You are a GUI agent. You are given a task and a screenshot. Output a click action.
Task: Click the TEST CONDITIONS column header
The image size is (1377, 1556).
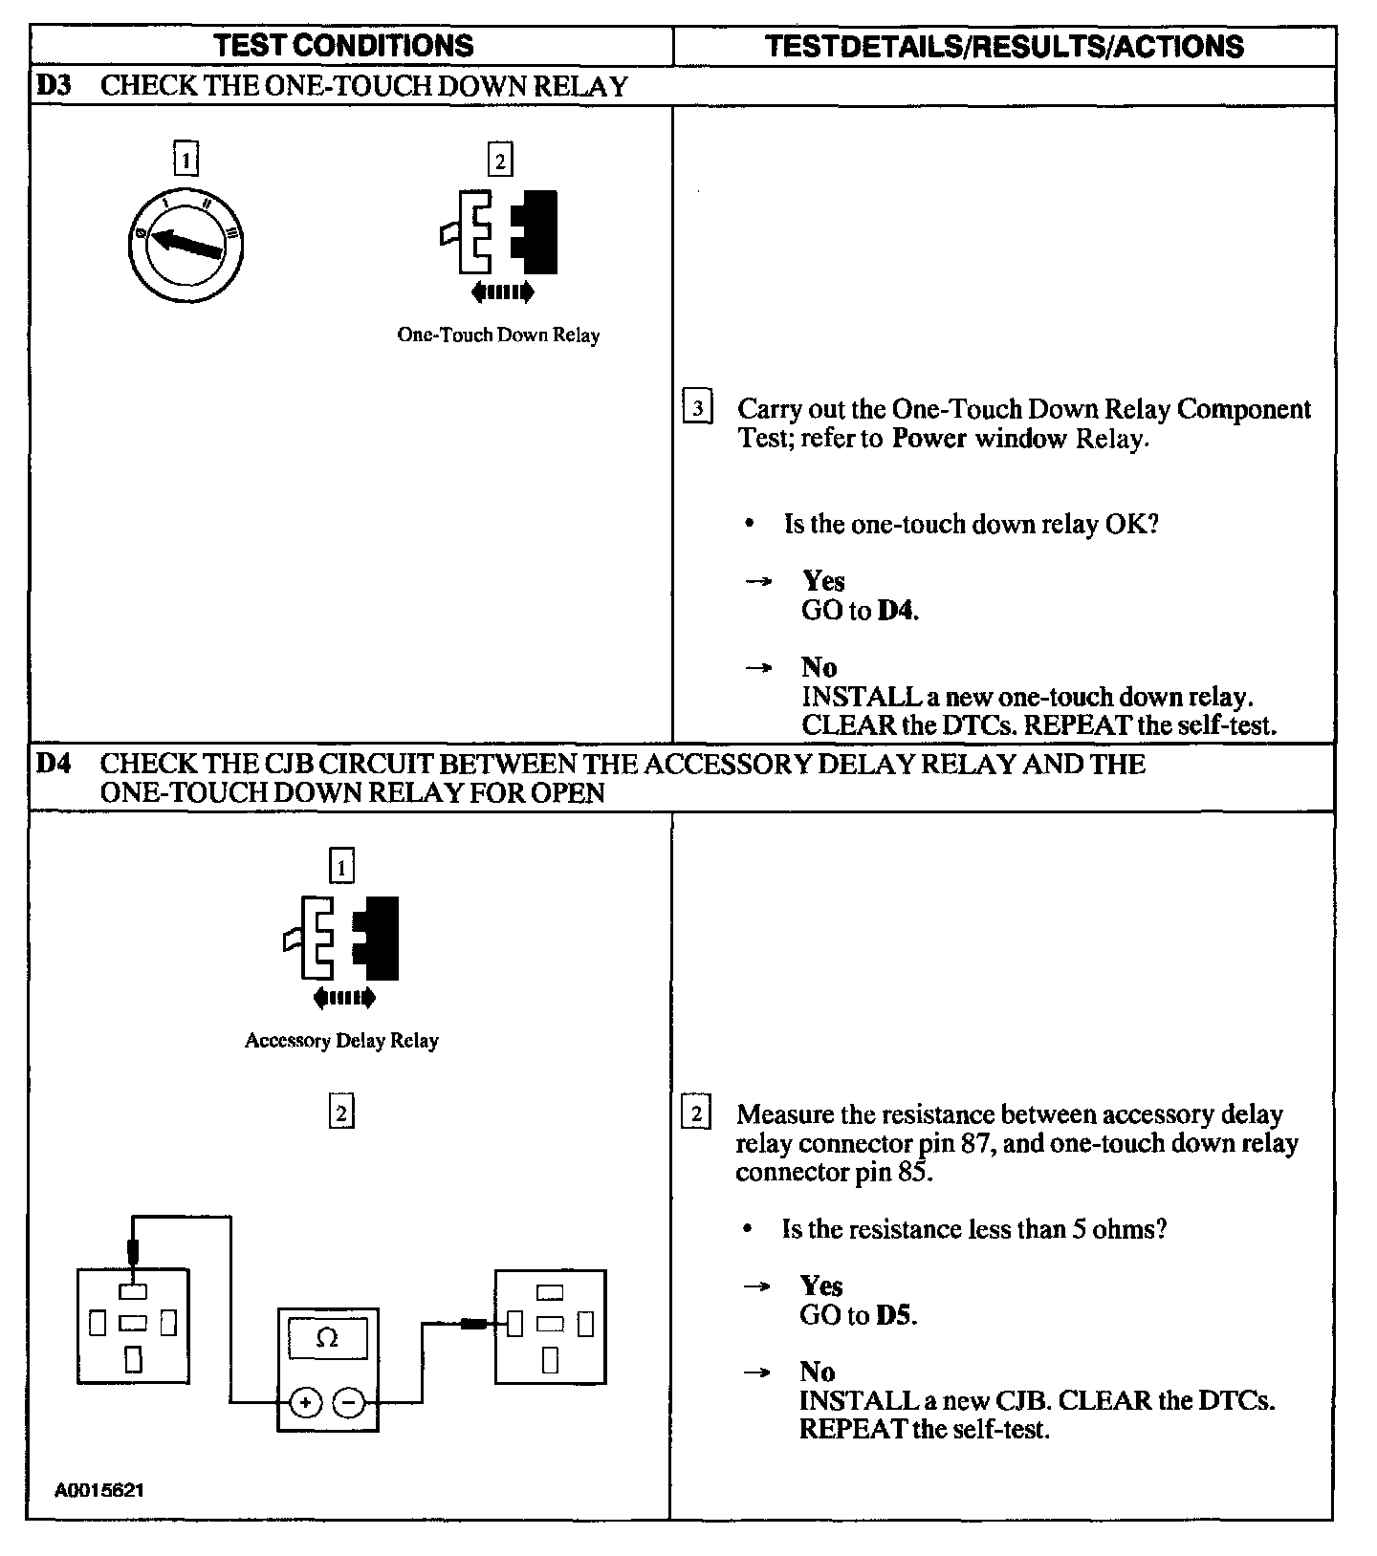[343, 45]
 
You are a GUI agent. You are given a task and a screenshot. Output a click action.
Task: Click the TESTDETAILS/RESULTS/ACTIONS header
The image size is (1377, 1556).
[1005, 46]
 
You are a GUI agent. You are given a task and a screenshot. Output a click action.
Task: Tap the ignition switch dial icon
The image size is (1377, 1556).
[186, 246]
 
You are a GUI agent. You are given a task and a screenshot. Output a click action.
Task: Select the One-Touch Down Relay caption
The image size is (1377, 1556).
[498, 335]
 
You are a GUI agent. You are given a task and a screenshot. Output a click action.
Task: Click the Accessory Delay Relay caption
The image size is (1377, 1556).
[341, 1041]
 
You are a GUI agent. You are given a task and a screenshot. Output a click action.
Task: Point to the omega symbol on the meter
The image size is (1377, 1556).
[327, 1338]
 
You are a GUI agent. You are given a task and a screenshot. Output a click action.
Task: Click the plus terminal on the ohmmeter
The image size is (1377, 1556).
[305, 1403]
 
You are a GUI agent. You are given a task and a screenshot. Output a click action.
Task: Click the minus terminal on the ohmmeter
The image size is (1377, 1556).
[349, 1403]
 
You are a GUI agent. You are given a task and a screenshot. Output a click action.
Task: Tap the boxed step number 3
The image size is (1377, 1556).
[697, 409]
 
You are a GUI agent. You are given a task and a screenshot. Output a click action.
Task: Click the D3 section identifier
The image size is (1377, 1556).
[54, 86]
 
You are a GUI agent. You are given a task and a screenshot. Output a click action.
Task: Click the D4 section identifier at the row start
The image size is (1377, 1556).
[54, 765]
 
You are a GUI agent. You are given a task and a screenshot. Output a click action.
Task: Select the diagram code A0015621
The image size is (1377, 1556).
[100, 1490]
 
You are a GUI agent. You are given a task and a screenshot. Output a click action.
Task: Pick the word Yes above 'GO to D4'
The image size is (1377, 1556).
[823, 581]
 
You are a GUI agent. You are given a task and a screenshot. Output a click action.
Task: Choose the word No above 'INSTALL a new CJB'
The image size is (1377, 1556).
[818, 1372]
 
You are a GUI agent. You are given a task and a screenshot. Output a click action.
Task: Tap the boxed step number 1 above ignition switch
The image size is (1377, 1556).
[186, 159]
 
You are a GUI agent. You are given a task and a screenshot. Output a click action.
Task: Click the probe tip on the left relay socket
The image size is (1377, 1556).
[133, 1252]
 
